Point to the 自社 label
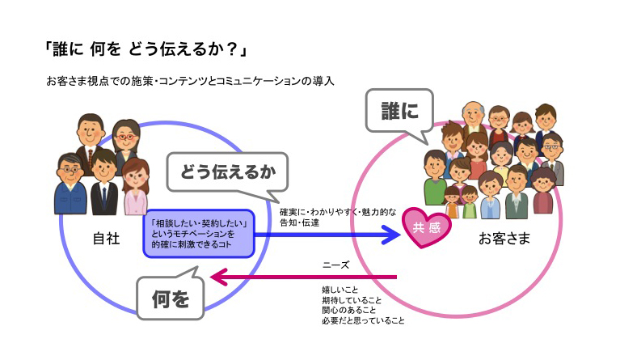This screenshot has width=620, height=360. coord(107,239)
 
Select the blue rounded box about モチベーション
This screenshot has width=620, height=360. coord(199,233)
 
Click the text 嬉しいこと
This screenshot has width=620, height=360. coord(340,289)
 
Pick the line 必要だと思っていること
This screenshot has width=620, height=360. coord(363,320)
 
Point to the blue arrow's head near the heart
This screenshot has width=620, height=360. coord(394,235)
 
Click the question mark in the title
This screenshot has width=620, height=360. coord(231,49)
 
